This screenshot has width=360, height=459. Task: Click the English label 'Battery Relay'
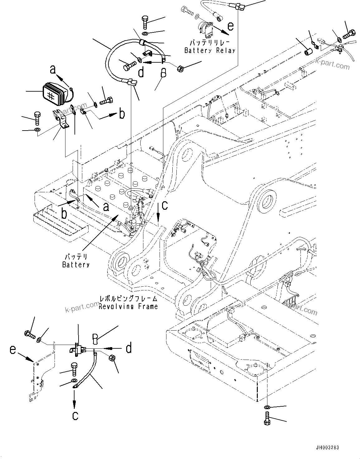209,50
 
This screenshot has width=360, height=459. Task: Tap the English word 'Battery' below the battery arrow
76,265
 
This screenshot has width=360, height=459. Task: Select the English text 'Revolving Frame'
128,306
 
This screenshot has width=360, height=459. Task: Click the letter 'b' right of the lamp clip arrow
122,114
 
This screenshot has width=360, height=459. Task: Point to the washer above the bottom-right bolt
267,407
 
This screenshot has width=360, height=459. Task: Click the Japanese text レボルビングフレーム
128,299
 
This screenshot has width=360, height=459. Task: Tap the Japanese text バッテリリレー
210,42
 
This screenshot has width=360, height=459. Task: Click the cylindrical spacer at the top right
309,52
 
